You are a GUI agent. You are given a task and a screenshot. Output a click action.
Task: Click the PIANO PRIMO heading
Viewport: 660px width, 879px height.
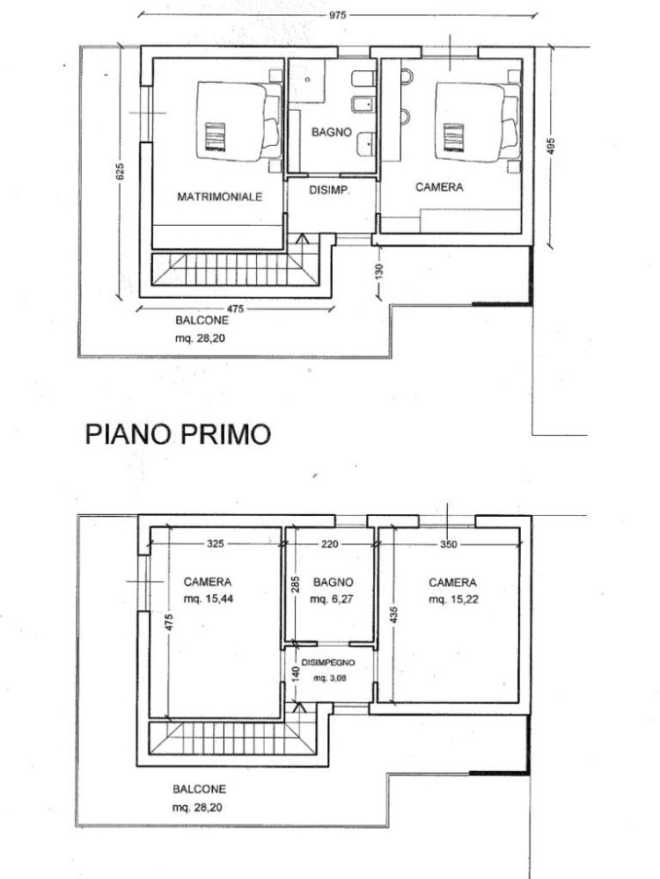[176, 434]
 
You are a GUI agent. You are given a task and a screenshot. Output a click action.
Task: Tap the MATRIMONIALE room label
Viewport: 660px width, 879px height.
[220, 198]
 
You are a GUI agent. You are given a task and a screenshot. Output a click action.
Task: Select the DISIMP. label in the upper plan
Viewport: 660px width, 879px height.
[330, 191]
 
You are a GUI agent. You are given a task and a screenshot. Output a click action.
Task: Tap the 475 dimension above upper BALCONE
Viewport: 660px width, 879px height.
[233, 309]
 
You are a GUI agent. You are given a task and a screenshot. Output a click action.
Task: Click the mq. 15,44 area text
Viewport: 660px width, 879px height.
[208, 597]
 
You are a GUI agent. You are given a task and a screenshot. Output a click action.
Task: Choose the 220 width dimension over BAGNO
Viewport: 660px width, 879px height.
[329, 543]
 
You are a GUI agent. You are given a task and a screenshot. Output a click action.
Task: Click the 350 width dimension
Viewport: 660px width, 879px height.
[449, 543]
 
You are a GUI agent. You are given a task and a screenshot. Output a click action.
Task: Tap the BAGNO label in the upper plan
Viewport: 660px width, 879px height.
[332, 132]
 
